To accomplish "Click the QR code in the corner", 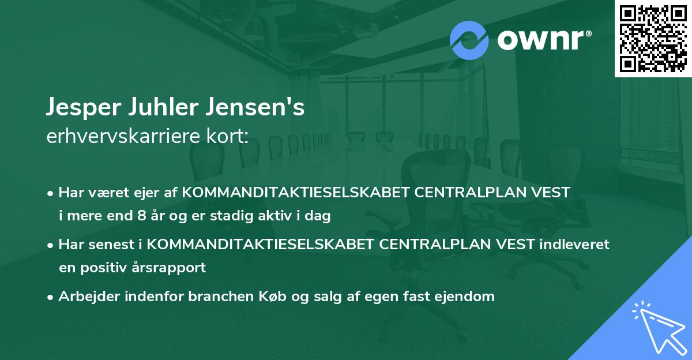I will pos(653,38).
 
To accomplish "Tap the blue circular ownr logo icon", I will pos(469,40).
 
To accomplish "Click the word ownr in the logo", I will pos(541,40).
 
